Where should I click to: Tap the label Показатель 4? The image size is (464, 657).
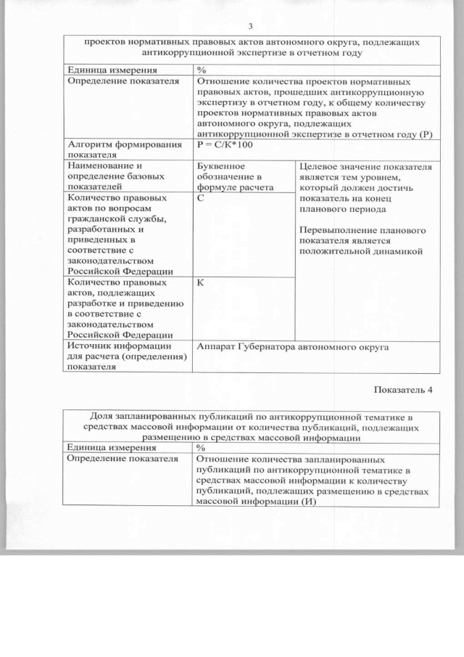402,389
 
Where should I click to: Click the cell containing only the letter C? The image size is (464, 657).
200,197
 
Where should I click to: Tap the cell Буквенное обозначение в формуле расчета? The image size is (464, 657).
230,176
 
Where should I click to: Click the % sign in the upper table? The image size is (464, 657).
202,70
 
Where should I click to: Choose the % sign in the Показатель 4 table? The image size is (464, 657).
202,448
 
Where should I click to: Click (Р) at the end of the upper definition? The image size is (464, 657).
426,134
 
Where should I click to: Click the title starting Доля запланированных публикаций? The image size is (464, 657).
249,427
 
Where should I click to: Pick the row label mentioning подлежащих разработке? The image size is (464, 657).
125,309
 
